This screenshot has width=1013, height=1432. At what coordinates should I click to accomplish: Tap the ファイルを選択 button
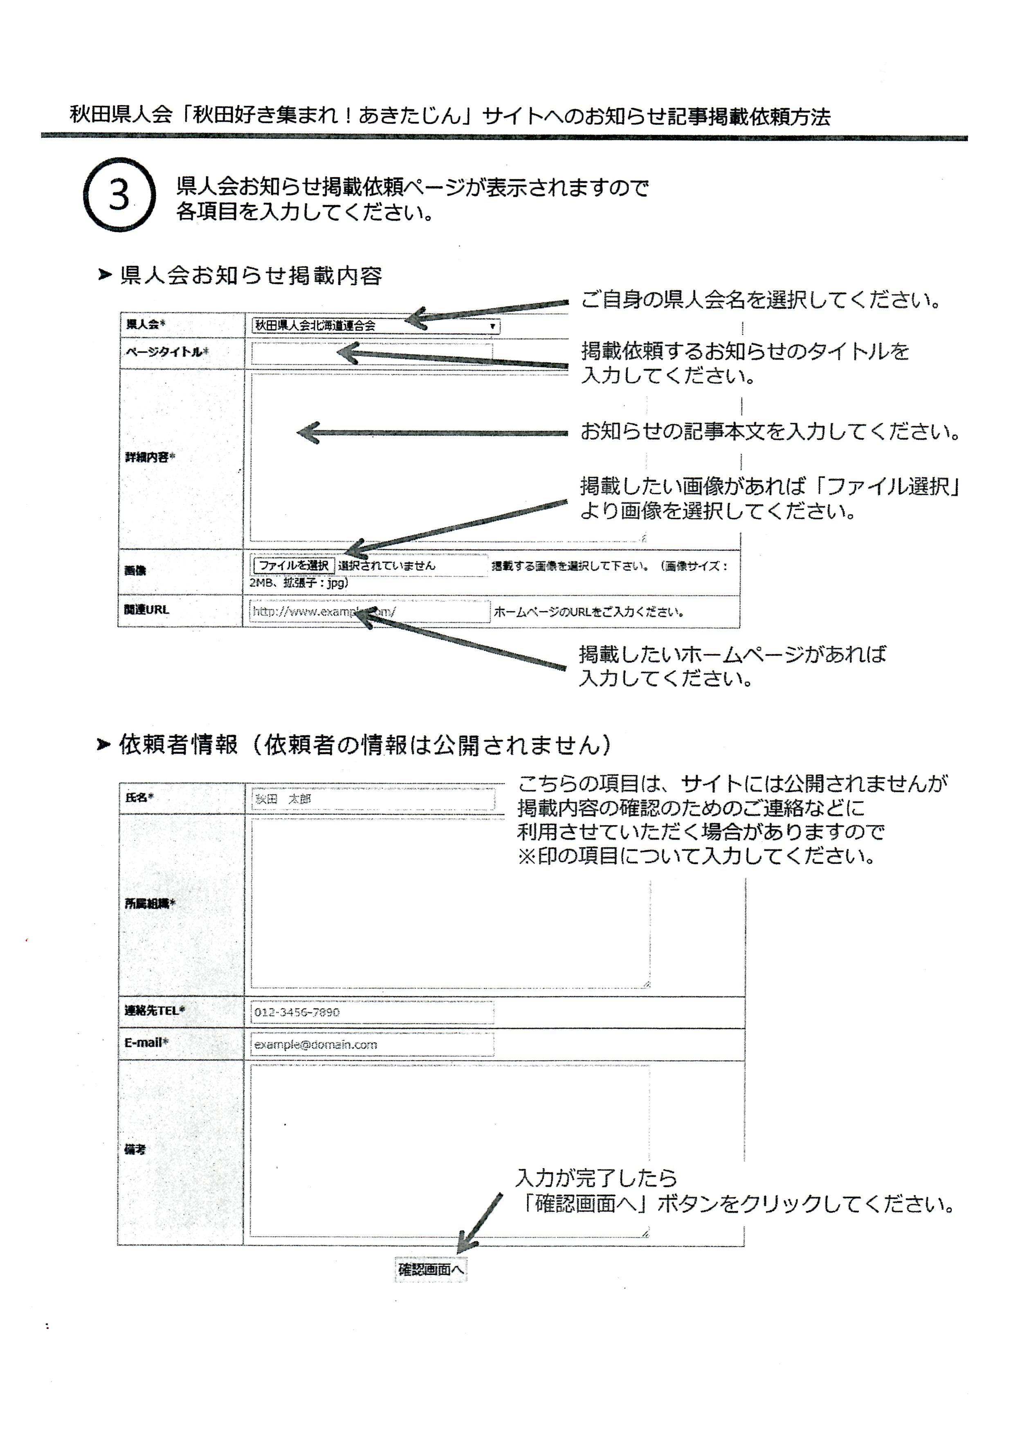293,565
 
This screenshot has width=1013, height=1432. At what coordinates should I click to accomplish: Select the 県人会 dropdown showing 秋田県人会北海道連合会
375,325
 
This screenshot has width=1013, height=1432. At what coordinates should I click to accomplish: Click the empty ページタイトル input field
372,353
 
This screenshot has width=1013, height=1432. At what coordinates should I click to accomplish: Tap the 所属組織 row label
150,903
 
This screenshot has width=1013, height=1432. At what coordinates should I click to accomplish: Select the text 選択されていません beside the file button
387,566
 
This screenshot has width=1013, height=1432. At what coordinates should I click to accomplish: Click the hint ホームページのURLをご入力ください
589,612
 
